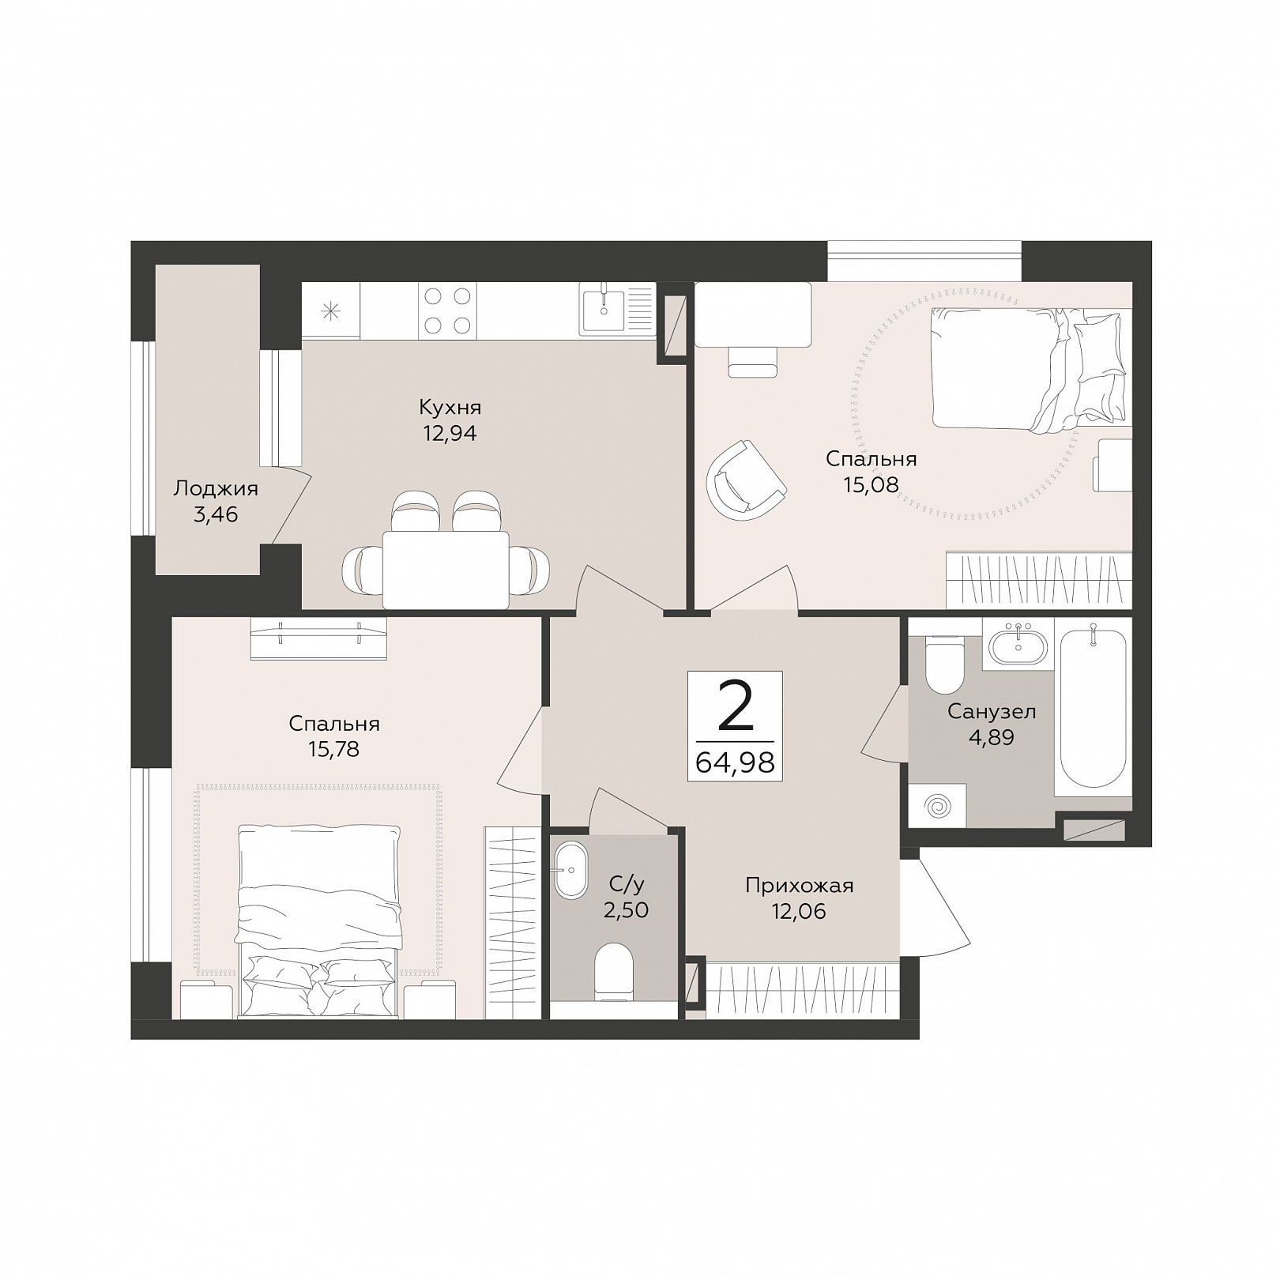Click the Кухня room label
[x=450, y=408]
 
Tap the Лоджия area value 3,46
[x=216, y=514]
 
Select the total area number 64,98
[x=735, y=762]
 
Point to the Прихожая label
[x=800, y=886]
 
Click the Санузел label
[x=992, y=711]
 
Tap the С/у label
[x=626, y=883]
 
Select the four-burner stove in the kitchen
[x=448, y=311]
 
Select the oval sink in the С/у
[x=570, y=870]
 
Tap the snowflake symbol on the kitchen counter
[x=330, y=311]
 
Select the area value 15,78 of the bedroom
[x=334, y=748]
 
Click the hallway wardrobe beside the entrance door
[x=802, y=988]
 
